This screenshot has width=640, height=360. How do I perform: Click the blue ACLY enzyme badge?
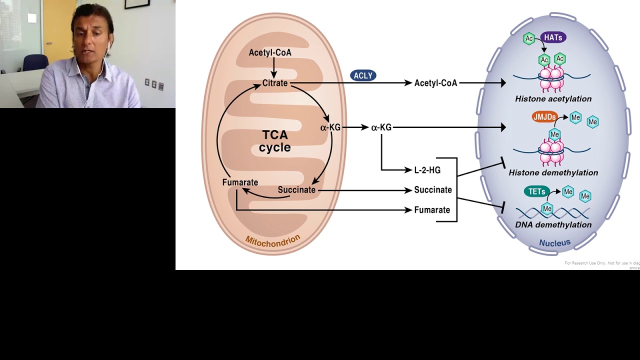(x=363, y=75)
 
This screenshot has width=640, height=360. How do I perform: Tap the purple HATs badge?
(x=552, y=37)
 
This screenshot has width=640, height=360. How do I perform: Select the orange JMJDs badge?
(x=544, y=117)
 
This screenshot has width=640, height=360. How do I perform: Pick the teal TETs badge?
(x=536, y=191)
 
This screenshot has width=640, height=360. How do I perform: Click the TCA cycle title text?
(x=274, y=141)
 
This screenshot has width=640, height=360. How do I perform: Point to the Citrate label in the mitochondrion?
(x=275, y=83)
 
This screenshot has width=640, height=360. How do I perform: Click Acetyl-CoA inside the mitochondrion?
(x=270, y=52)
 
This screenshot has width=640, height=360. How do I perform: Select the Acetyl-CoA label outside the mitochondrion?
(x=435, y=83)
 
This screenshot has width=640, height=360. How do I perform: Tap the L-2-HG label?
(x=427, y=170)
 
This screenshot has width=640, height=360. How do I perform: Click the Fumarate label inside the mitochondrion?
(x=240, y=182)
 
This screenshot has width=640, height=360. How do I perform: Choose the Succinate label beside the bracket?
(x=433, y=190)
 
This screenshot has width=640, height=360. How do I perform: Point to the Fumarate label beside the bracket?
(x=432, y=210)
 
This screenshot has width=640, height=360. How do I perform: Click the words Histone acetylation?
(x=553, y=99)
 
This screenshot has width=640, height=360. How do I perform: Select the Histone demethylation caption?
(x=553, y=172)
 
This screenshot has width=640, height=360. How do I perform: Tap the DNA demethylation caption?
(x=553, y=224)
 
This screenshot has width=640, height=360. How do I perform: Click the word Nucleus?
(x=554, y=243)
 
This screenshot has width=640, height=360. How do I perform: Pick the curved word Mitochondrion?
(x=272, y=239)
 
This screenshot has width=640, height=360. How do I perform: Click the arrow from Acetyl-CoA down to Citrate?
(x=273, y=67)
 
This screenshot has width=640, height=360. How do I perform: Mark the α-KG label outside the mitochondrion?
(x=381, y=127)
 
